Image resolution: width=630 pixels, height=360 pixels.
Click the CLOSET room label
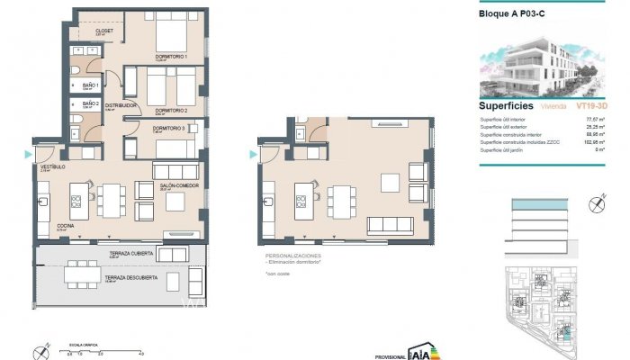(x=104, y=30)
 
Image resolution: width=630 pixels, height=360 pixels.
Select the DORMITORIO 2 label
(x=170, y=110)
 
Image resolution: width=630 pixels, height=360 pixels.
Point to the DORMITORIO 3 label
(x=168, y=129)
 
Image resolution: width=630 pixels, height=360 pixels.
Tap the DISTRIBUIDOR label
(x=121, y=105)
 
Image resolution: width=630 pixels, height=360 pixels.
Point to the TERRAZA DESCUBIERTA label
(x=133, y=277)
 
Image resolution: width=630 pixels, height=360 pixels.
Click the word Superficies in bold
(x=503, y=105)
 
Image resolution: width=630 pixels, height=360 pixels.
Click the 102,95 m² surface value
(x=594, y=142)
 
